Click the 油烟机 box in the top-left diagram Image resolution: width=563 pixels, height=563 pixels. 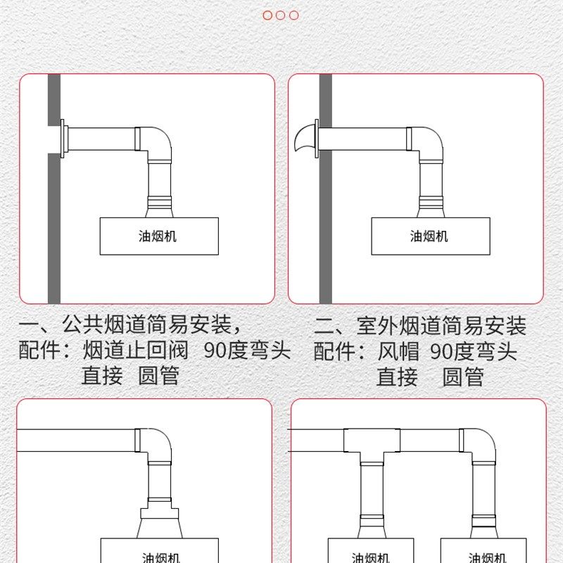(x=159, y=236)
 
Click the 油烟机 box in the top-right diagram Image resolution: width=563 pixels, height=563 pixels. (x=429, y=236)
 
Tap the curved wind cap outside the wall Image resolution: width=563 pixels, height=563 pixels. (x=305, y=139)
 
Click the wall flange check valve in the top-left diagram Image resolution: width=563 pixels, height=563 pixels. (x=64, y=139)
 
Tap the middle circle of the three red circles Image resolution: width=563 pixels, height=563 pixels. (x=281, y=15)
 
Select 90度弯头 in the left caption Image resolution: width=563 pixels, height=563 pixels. (x=247, y=350)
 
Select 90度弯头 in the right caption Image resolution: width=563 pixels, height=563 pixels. (x=473, y=350)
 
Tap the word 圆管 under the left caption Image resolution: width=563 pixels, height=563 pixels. (x=158, y=375)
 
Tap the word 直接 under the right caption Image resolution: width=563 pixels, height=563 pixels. (x=397, y=377)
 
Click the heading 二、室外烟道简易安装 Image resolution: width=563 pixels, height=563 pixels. (x=419, y=326)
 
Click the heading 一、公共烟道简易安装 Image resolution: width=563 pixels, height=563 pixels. (x=132, y=325)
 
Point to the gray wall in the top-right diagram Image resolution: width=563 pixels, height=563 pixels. (x=325, y=211)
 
